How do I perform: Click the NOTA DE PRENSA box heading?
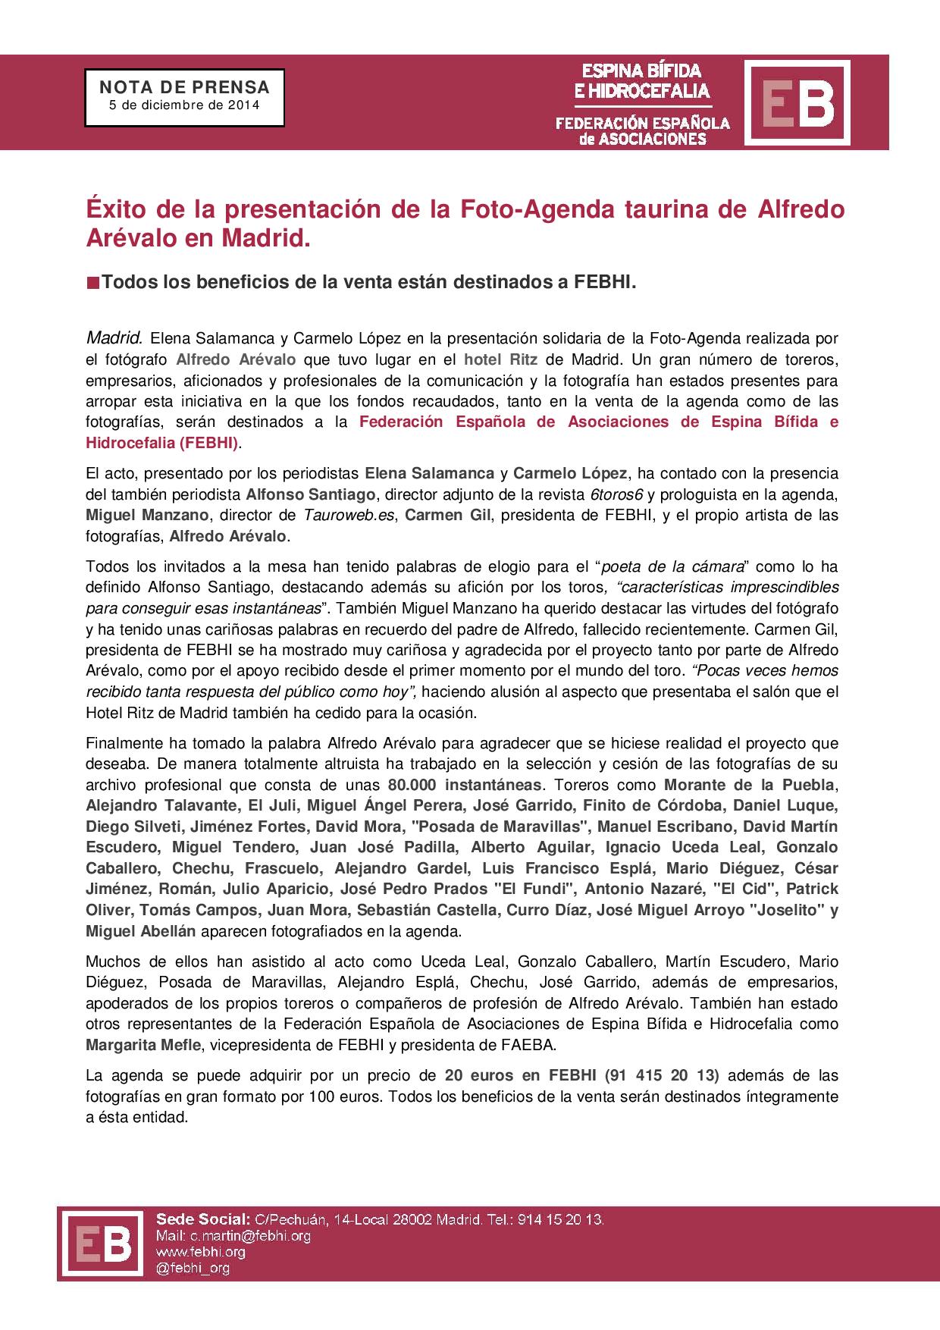(184, 87)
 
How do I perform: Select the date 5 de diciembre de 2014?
(184, 105)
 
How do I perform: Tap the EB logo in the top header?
(797, 102)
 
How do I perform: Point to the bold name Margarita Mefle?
(143, 1045)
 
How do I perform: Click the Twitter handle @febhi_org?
(192, 1267)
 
